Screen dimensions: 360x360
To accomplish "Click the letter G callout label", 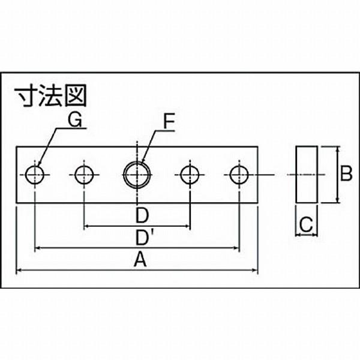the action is coord(75,120).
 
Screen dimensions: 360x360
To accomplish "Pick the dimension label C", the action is coord(305,226).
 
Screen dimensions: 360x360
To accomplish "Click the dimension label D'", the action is coord(143,238).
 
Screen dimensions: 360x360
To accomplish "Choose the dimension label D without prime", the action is coord(141,215).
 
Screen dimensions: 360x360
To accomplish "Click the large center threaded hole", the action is coord(137,175).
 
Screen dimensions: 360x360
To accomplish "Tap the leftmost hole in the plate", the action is coord(35,175).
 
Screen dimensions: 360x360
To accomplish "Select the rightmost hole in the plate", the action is coord(239,175).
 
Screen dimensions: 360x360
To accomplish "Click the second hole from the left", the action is coord(84,175).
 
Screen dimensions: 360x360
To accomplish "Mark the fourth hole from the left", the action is coord(190,175).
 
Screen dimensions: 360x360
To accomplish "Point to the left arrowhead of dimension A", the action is coord(19,271).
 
